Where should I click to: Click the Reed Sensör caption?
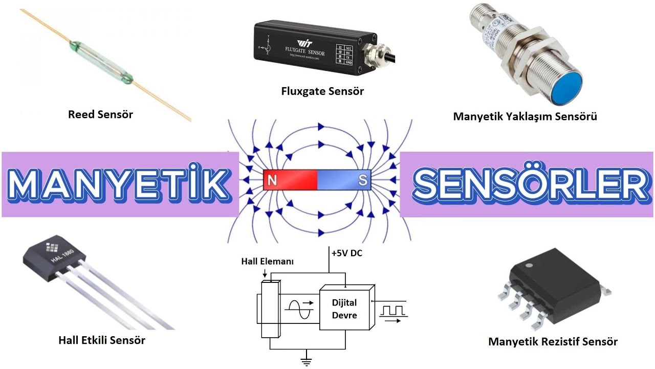click(100, 114)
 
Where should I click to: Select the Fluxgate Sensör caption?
click(322, 91)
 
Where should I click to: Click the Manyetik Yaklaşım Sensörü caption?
click(525, 116)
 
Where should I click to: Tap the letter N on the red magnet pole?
click(272, 180)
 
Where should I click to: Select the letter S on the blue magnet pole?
click(362, 180)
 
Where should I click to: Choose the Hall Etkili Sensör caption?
click(102, 340)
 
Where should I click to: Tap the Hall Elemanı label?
click(267, 261)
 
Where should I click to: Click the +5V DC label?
click(346, 253)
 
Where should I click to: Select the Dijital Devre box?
click(344, 309)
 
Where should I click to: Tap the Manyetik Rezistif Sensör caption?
click(553, 341)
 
